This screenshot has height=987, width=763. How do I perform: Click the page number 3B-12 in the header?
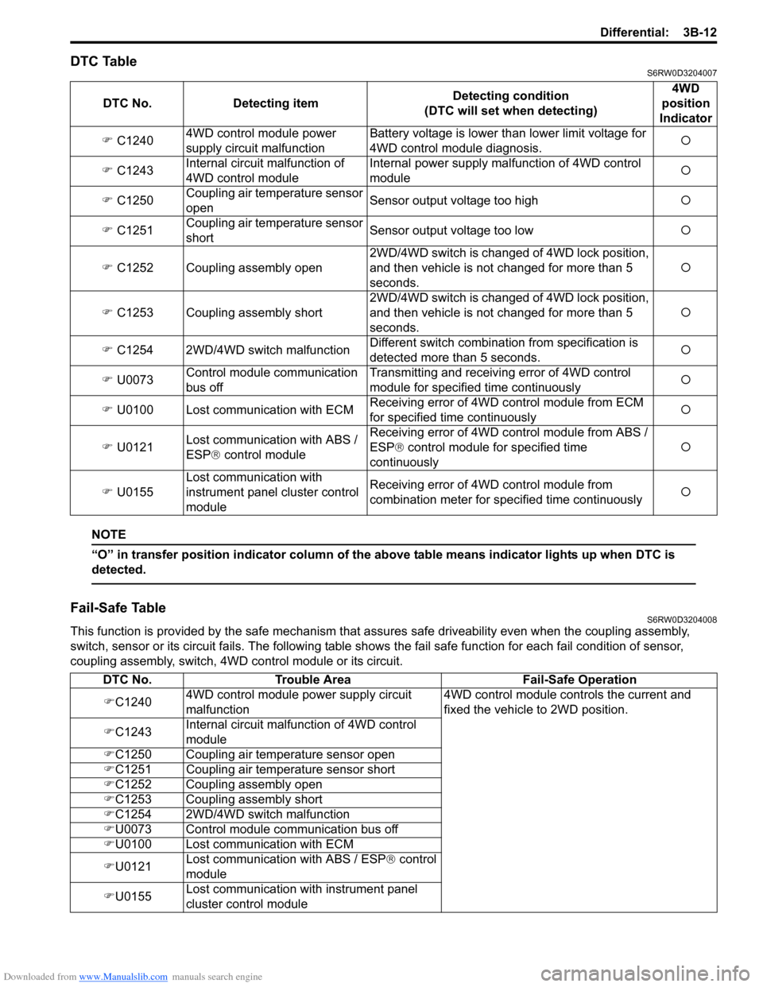(699, 33)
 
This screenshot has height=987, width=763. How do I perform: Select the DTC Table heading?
(103, 61)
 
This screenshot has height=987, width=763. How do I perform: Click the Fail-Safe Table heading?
(118, 608)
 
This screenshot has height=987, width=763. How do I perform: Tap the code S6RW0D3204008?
(681, 620)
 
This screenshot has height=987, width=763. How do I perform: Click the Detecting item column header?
(275, 103)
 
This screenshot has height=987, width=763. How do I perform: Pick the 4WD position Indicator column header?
(685, 103)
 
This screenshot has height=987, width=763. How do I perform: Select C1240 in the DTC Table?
(134, 141)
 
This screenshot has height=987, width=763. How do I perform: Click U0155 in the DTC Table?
(134, 492)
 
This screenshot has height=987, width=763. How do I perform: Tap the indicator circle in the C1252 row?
(685, 268)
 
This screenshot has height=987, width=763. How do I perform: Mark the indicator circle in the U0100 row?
(685, 410)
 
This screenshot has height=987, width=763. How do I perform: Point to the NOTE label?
(109, 535)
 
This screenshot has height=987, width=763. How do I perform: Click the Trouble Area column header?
(312, 680)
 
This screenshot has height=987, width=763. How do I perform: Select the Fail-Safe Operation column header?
(579, 680)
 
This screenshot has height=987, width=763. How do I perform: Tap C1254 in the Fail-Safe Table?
(133, 815)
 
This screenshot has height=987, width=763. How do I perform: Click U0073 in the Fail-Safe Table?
(133, 830)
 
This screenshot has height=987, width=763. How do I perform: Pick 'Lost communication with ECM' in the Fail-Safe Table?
(269, 845)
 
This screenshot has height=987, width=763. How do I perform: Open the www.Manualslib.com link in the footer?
(123, 977)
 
